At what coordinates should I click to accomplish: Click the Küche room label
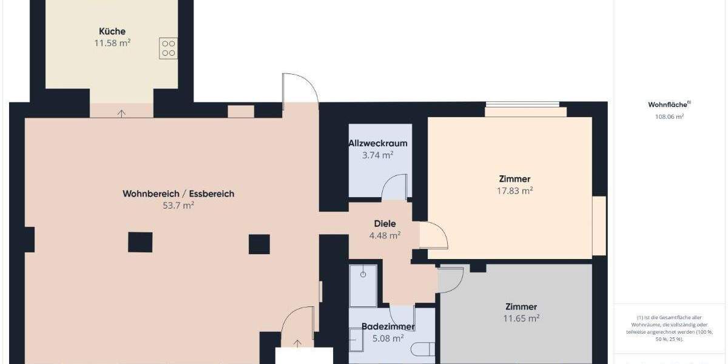(112, 32)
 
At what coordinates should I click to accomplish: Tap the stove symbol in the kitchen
(168, 49)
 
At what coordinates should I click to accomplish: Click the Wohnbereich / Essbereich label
(178, 194)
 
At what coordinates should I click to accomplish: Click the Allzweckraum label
(377, 144)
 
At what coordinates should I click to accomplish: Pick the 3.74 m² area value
(377, 155)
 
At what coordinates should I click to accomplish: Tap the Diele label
(385, 224)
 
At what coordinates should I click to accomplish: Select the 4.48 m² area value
(385, 235)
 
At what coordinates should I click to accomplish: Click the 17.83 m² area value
(514, 190)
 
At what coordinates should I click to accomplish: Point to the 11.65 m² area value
(522, 318)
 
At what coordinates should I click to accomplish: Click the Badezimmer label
(388, 327)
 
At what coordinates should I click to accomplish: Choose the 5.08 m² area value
(388, 339)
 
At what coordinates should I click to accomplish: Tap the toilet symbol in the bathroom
(423, 349)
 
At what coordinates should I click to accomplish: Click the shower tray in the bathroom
(363, 285)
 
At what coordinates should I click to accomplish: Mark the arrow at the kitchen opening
(122, 112)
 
